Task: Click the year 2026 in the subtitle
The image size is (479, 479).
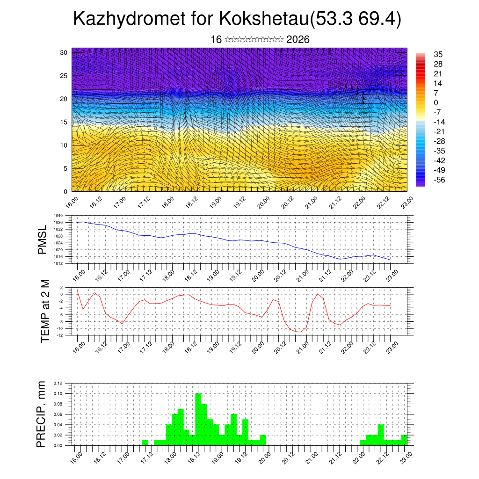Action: click(298, 40)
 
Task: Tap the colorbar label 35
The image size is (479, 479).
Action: click(438, 55)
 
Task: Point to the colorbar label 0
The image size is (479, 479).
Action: click(436, 102)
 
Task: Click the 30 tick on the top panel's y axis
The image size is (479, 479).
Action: click(64, 52)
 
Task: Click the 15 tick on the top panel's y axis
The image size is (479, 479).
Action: click(64, 122)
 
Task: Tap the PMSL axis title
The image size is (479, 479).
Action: click(43, 239)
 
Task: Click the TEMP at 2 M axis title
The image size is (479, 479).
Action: click(45, 311)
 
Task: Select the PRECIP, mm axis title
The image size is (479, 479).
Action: click(43, 414)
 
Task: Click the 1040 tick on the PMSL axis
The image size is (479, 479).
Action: click(58, 216)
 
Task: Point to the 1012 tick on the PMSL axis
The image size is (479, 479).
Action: click(58, 264)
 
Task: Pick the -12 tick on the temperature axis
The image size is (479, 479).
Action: click(60, 335)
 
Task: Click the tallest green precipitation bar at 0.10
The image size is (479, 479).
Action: click(198, 419)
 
